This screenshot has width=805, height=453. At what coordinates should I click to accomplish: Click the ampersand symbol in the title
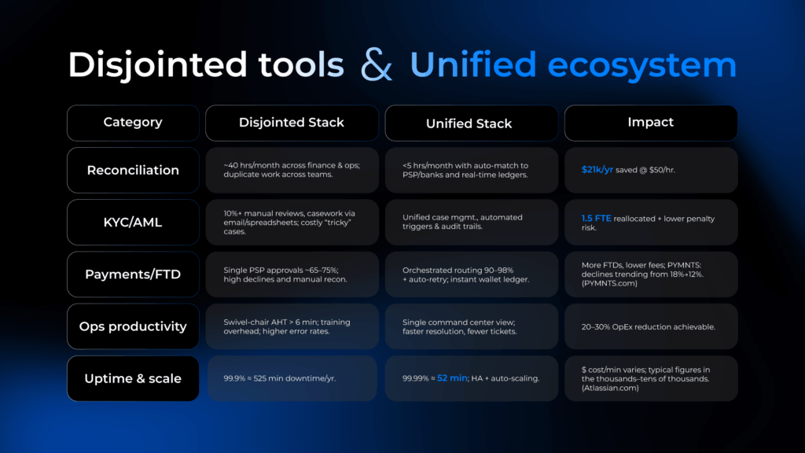tap(377, 64)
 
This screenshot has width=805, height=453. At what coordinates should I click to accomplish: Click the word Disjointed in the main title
tap(157, 65)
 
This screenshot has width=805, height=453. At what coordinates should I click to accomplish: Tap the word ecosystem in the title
tap(641, 65)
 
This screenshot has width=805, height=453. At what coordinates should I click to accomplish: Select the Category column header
tap(133, 123)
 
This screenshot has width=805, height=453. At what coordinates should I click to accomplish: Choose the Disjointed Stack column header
tap(292, 123)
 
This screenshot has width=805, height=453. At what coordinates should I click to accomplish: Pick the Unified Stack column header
tap(472, 123)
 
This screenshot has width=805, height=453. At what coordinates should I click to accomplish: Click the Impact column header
tap(651, 123)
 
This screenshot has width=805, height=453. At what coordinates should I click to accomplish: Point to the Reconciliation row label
tap(133, 170)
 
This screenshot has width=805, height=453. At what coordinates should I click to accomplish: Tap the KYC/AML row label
tap(133, 223)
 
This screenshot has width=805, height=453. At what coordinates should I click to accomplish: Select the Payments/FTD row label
tap(133, 274)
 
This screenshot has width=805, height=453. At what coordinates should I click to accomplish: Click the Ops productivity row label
tap(133, 326)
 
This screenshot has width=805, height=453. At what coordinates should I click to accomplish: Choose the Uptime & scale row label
tap(133, 378)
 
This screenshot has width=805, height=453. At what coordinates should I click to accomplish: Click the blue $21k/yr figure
tap(597, 170)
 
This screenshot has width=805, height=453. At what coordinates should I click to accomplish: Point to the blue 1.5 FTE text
tap(596, 219)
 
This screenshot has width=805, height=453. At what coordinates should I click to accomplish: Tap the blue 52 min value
tap(452, 378)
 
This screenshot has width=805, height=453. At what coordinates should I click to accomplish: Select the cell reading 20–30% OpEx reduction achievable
tap(651, 326)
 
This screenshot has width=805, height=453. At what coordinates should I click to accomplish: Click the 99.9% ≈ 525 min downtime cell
tap(292, 378)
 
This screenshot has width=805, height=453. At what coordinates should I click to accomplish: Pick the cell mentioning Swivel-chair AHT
tap(292, 326)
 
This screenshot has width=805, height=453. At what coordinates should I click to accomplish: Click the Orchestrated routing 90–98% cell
tap(472, 274)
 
